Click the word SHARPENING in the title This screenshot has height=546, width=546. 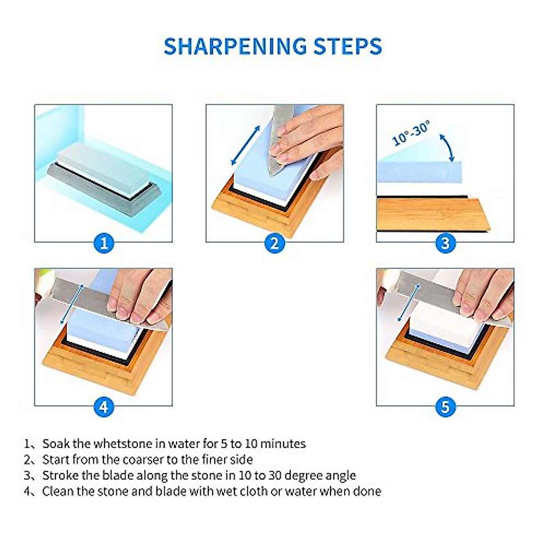[x=235, y=46]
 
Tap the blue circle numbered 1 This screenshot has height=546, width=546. [x=104, y=243]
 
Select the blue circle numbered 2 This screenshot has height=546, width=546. [x=274, y=243]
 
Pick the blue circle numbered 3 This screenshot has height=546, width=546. [x=445, y=243]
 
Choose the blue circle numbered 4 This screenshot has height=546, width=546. [x=104, y=406]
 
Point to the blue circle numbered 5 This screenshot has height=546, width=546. [x=445, y=406]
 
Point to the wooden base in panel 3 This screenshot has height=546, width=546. [x=432, y=214]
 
